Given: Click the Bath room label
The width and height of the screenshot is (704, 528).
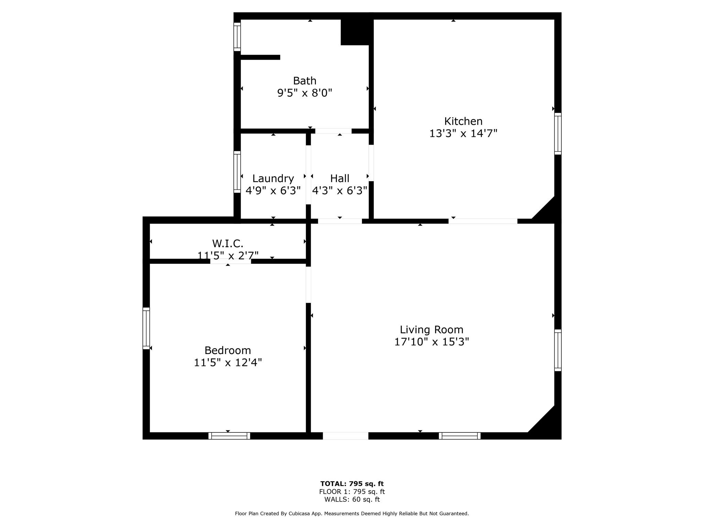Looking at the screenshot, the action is pyautogui.click(x=305, y=81).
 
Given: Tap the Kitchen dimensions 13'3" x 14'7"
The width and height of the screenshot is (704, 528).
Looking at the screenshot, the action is pyautogui.click(x=463, y=133).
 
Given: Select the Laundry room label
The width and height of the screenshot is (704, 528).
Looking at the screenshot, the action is pyautogui.click(x=273, y=179).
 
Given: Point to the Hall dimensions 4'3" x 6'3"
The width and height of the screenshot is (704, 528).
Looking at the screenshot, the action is pyautogui.click(x=340, y=190).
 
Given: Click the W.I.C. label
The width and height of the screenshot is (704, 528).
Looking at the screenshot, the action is pyautogui.click(x=228, y=244).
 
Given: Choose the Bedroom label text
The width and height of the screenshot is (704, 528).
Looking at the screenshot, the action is pyautogui.click(x=228, y=351).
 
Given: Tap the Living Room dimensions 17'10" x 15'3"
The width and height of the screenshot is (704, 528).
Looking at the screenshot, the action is pyautogui.click(x=431, y=342).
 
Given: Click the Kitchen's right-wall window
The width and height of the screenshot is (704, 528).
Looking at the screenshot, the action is pyautogui.click(x=558, y=134).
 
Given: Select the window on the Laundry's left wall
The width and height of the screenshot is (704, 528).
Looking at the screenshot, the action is pyautogui.click(x=237, y=172).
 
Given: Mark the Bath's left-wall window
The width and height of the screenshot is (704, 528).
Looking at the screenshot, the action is pyautogui.click(x=237, y=37).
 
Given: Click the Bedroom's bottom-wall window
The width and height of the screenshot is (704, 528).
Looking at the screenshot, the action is pyautogui.click(x=229, y=436).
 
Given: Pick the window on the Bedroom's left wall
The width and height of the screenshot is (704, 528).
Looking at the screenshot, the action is pyautogui.click(x=146, y=329).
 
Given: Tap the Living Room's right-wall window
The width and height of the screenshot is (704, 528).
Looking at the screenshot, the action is pyautogui.click(x=558, y=350).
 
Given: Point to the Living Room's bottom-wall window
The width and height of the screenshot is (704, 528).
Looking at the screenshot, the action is pyautogui.click(x=460, y=436).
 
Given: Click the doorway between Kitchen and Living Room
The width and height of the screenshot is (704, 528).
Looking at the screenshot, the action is pyautogui.click(x=483, y=221).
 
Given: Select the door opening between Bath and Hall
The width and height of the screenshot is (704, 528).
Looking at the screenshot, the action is pyautogui.click(x=333, y=131).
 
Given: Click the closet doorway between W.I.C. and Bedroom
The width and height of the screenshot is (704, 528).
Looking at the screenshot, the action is pyautogui.click(x=231, y=261).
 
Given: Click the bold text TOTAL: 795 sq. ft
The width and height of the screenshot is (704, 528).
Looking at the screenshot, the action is pyautogui.click(x=352, y=484).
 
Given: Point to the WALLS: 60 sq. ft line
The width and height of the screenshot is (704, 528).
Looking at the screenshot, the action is pyautogui.click(x=352, y=500).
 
